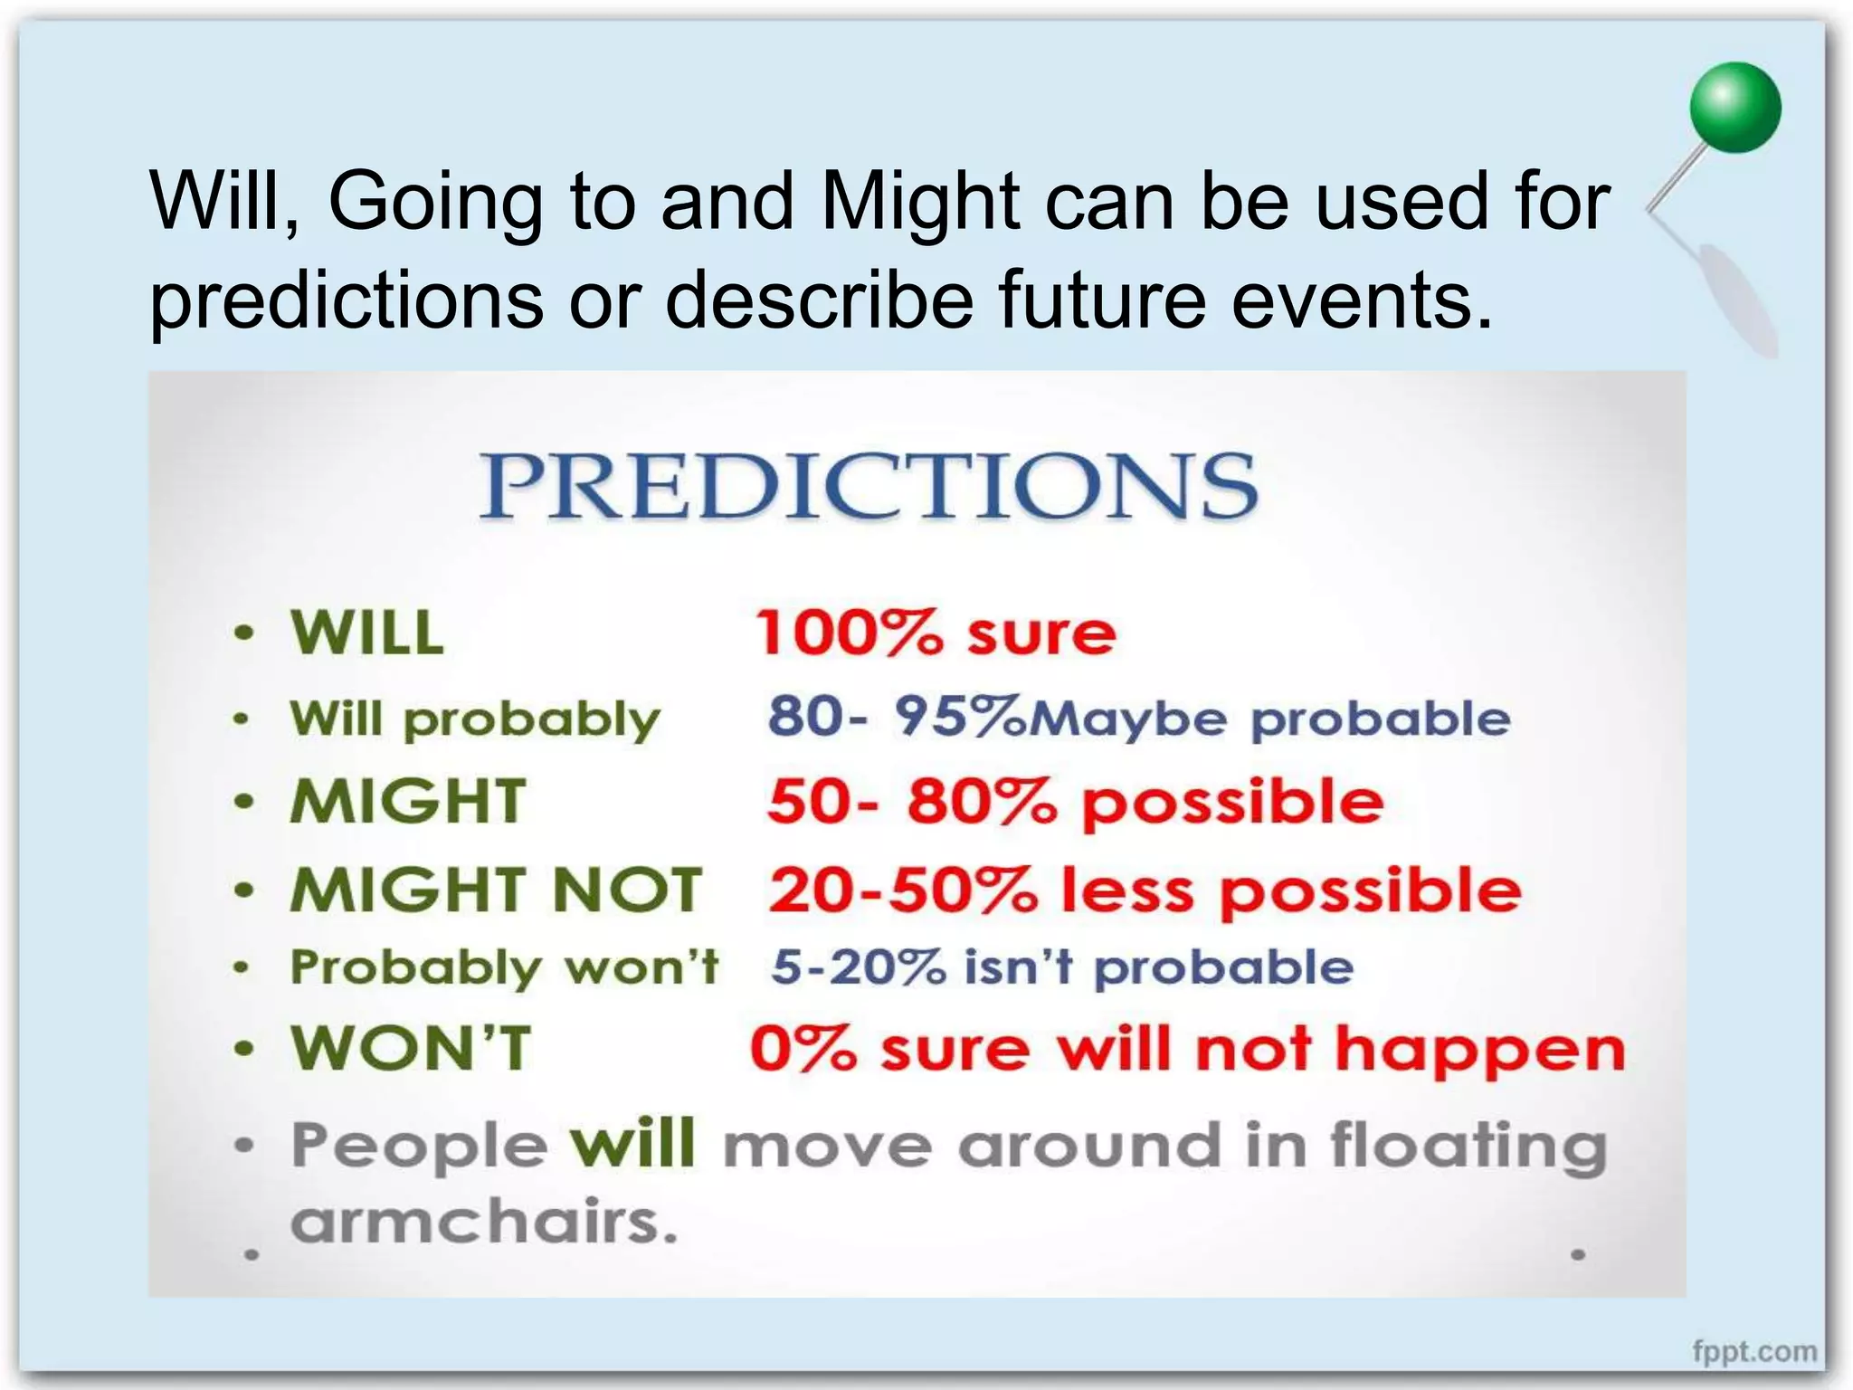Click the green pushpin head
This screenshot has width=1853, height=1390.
1734,108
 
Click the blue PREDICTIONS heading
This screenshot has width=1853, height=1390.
869,486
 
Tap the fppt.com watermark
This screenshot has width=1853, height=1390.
1754,1352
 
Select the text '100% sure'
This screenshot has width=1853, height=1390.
936,633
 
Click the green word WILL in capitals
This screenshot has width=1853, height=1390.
367,633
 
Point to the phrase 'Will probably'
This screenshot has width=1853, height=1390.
475,719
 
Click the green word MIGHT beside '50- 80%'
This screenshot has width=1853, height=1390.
407,802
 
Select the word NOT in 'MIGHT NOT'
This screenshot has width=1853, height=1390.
626,890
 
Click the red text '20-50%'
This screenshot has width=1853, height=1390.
903,890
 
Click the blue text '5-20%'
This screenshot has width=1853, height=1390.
858,967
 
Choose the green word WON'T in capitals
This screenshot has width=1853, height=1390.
411,1049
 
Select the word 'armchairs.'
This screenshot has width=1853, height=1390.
484,1223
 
